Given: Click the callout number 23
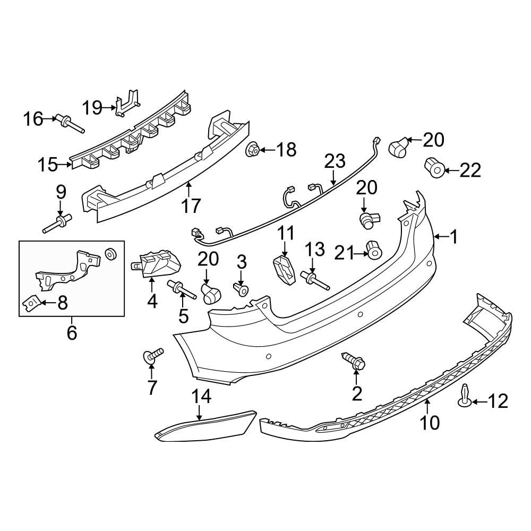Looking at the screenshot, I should [335, 161].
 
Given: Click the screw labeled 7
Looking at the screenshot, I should [153, 356].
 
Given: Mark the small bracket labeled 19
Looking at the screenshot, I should [127, 104].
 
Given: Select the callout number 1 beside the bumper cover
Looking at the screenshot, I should [454, 237].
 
